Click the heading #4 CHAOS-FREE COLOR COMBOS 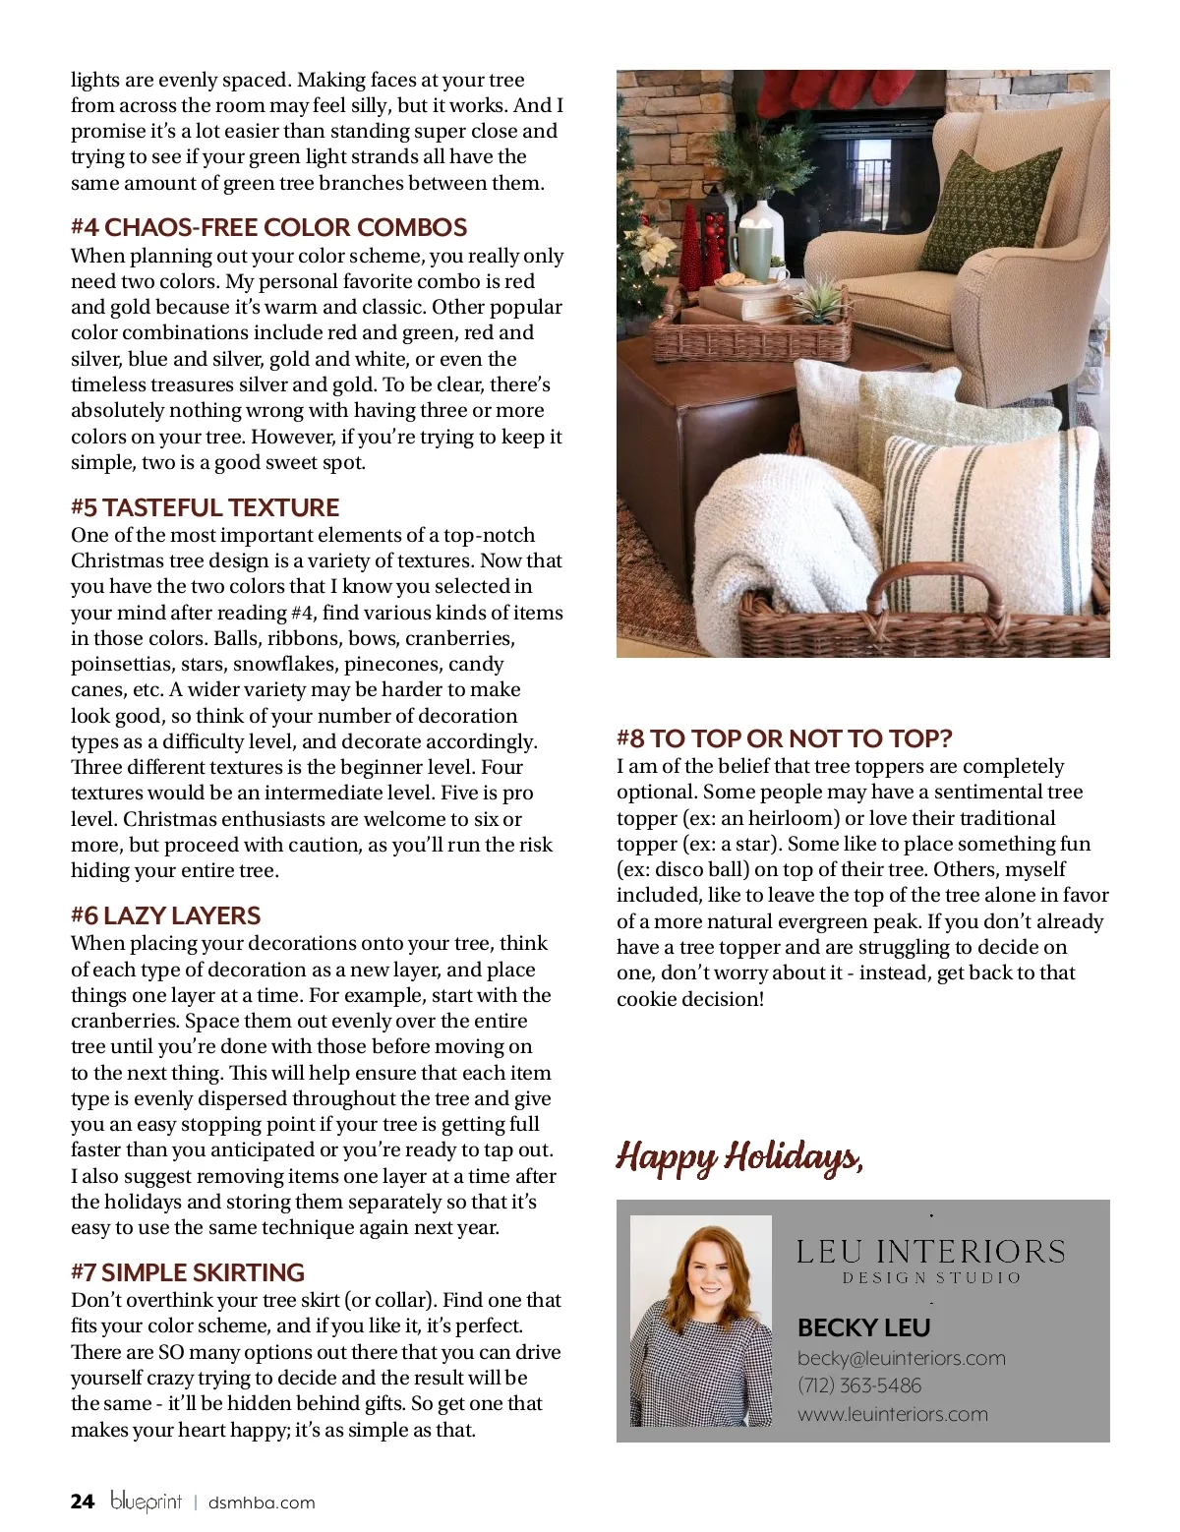(268, 227)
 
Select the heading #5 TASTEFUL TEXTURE (205, 507)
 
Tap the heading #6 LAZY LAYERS (165, 915)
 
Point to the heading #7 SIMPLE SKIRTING (187, 1272)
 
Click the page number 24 (83, 1502)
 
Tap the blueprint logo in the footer (146, 1502)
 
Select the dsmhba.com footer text (262, 1503)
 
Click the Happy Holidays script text (739, 1157)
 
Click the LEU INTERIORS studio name (930, 1252)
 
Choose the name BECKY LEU (863, 1327)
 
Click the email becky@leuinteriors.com (901, 1358)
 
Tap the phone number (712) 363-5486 (859, 1385)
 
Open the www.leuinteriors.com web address (892, 1414)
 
